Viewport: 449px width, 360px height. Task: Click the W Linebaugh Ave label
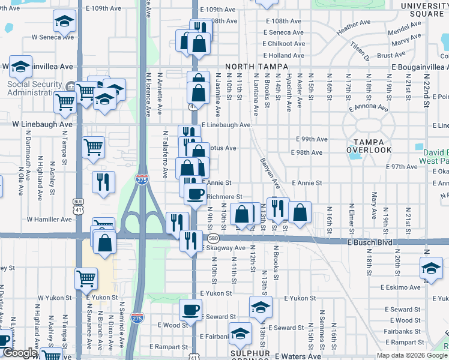(42, 124)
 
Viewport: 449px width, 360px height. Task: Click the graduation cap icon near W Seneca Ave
(62, 22)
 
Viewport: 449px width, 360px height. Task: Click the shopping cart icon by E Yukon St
(86, 278)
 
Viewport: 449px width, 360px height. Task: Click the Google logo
(19, 353)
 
